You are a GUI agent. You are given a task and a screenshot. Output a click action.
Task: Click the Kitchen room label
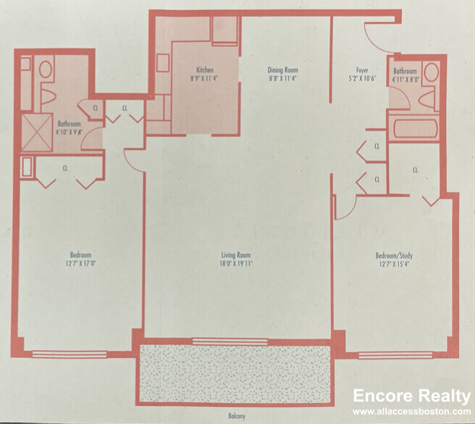click(x=193, y=70)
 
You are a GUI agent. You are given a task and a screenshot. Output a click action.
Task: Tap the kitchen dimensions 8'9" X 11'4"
click(x=193, y=78)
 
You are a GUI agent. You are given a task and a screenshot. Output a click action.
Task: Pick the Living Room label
click(x=237, y=255)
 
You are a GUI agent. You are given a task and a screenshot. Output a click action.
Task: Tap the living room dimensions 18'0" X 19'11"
click(x=237, y=263)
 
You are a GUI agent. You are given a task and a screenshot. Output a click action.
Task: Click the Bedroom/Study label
click(x=395, y=255)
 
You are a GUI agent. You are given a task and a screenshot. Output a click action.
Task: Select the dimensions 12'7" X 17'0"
click(x=80, y=263)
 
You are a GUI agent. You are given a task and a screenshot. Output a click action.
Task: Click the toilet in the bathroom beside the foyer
click(x=432, y=72)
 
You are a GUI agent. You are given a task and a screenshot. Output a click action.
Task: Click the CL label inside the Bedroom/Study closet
click(x=416, y=170)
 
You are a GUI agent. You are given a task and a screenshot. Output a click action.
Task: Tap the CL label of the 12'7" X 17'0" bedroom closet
click(x=65, y=168)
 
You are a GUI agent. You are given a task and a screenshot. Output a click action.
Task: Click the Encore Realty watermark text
click(x=411, y=396)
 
